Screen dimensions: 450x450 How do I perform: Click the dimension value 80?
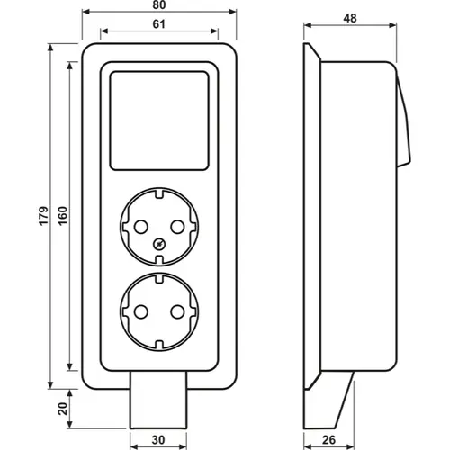[159, 4]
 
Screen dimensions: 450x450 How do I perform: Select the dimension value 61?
[159, 24]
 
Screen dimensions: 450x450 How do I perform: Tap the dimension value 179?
[43, 216]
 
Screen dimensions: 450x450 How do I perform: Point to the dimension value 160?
[63, 216]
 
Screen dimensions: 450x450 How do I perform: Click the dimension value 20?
[63, 409]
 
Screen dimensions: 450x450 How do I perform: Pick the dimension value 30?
[158, 440]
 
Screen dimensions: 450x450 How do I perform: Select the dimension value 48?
[350, 19]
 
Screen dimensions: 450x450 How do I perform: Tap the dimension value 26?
[328, 440]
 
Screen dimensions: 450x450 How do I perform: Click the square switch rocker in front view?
[159, 121]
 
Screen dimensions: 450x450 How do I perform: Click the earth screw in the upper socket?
[159, 244]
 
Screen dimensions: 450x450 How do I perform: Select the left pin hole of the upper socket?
[141, 227]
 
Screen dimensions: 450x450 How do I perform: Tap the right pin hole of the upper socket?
[177, 227]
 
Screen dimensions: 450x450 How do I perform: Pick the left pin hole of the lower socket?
[141, 312]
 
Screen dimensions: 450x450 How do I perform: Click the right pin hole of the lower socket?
[177, 312]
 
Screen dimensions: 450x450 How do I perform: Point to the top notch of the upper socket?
[159, 193]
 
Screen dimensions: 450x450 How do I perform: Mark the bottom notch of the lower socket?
[159, 346]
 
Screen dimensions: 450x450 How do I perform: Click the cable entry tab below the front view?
[158, 400]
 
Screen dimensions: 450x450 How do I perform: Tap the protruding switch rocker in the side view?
[404, 120]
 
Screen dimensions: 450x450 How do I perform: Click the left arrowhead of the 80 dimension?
[86, 12]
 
